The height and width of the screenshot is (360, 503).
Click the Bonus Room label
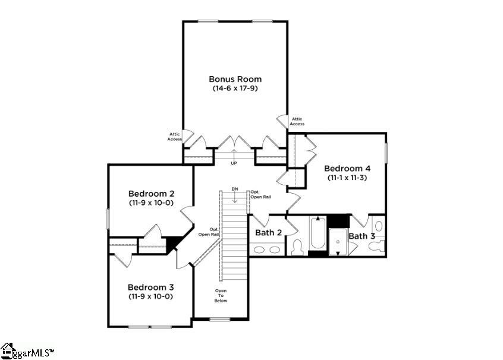pyautogui.click(x=235, y=78)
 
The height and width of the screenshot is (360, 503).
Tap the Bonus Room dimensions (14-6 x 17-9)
pyautogui.click(x=235, y=88)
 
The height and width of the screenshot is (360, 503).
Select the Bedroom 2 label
pyautogui.click(x=151, y=194)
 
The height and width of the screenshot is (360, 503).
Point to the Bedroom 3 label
pyautogui.click(x=150, y=286)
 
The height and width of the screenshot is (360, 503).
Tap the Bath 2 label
pyautogui.click(x=268, y=232)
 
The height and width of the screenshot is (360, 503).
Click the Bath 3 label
pyautogui.click(x=362, y=236)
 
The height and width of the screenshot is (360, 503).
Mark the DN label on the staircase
pyautogui.click(x=235, y=189)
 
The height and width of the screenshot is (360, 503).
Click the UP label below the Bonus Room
pyautogui.click(x=234, y=163)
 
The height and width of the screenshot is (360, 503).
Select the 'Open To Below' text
pyautogui.click(x=221, y=296)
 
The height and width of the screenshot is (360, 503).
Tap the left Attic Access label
pyautogui.click(x=174, y=137)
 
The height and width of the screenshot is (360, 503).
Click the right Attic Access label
pyautogui.click(x=297, y=121)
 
